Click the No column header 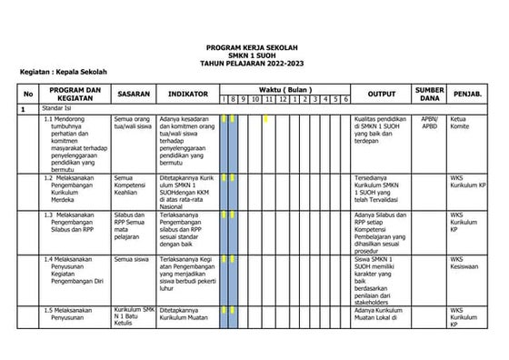(28, 94)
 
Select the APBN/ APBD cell (429, 123)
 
